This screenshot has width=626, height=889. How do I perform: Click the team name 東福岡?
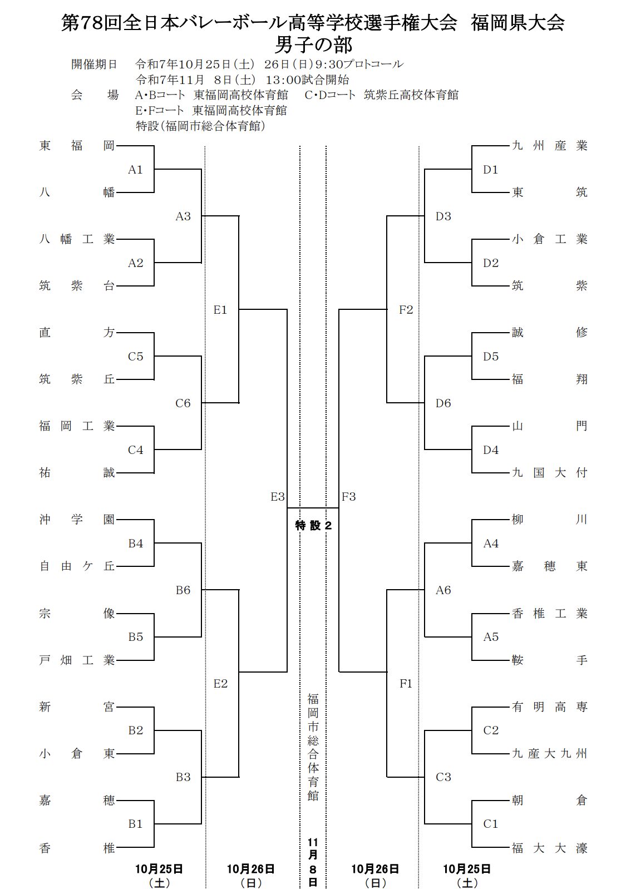coord(77,146)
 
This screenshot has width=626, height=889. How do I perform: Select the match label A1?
coord(136,170)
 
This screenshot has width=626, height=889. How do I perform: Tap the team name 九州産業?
coord(549,146)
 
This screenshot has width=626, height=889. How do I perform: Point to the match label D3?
coord(443,216)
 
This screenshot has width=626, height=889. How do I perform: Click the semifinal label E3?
coord(278,497)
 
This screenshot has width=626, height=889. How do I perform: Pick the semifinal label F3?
coord(349,497)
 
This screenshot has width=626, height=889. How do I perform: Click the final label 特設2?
coord(313,525)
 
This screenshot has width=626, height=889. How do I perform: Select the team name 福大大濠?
coord(549,848)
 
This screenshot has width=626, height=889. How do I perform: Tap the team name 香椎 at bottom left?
coord(77,848)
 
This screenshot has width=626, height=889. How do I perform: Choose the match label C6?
coord(183,403)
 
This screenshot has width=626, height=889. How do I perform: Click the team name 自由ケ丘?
coord(77,566)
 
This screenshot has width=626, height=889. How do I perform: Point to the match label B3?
coord(183,777)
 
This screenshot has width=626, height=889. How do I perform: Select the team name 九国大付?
coord(549,473)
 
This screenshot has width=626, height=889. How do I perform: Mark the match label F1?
coord(406,684)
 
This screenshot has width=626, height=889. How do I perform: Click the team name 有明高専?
coord(549,707)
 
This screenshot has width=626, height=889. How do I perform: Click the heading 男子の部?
coord(313,43)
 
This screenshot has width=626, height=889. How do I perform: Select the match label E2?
coord(221,684)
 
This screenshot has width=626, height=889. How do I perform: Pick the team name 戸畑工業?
coord(77,660)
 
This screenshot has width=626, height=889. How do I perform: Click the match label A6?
coord(443,590)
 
